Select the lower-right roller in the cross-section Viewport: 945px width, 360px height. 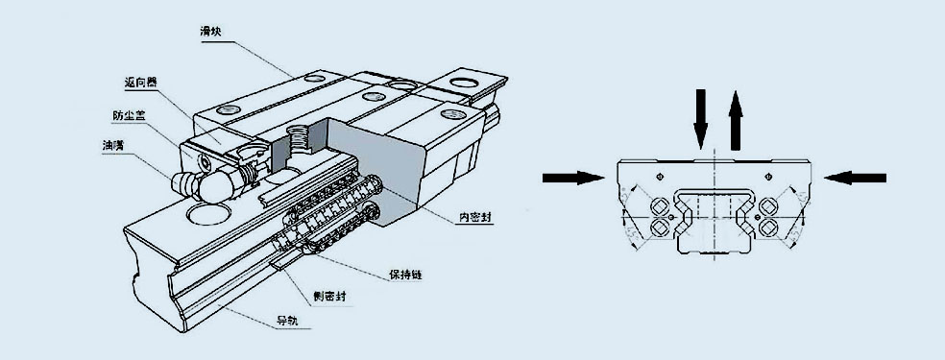[x=771, y=228]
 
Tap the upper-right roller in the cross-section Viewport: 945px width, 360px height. [x=771, y=206]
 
